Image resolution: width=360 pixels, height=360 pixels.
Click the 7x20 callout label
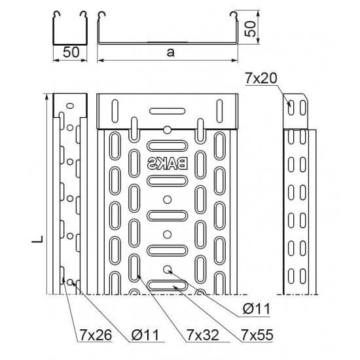point(261,79)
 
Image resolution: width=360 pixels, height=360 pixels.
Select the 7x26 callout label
point(96,335)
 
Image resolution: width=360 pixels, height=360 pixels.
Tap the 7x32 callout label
point(203,335)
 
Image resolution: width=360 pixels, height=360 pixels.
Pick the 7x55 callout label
point(257,335)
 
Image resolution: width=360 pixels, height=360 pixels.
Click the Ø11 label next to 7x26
point(145,335)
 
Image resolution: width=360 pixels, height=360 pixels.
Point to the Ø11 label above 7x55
point(257,309)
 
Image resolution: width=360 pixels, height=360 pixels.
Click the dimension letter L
point(38,239)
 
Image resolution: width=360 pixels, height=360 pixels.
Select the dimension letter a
point(171,52)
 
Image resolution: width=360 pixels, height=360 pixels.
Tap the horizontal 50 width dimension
point(71,52)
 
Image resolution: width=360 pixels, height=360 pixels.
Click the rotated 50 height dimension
point(250,29)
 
